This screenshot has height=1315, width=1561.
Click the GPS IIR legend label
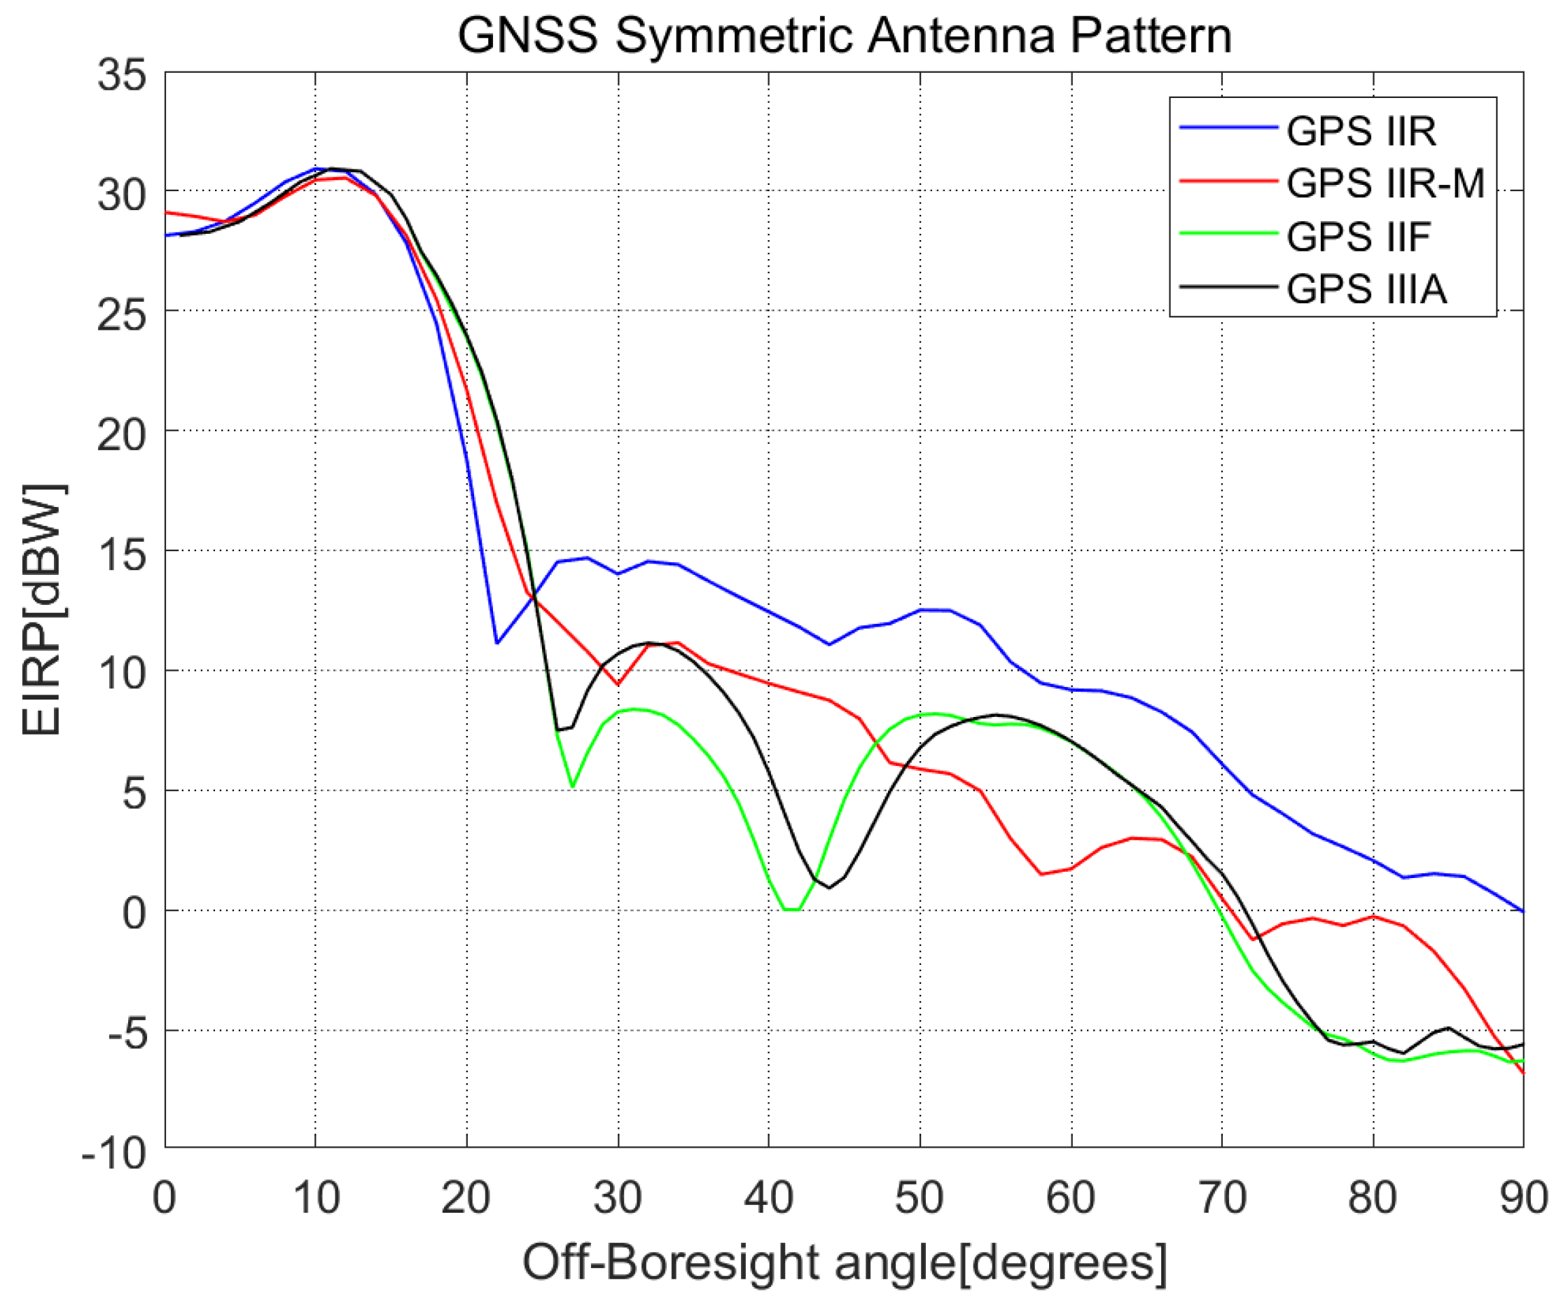click(x=1361, y=131)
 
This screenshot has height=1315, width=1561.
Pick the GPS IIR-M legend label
click(x=1385, y=183)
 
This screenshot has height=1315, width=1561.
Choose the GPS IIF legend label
click(x=1357, y=236)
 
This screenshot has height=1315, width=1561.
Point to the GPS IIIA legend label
click(x=1366, y=289)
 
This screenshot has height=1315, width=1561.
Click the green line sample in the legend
click(x=1228, y=233)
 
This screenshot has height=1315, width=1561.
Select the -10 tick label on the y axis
click(x=114, y=1154)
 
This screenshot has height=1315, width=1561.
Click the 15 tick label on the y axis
click(x=122, y=555)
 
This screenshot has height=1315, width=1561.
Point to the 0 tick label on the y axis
click(x=134, y=913)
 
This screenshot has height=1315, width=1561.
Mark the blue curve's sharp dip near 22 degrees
click(x=497, y=643)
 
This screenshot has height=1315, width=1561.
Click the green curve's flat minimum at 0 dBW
click(x=791, y=910)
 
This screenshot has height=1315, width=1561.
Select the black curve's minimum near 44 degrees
click(x=829, y=888)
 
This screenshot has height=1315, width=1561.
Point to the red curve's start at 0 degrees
click(x=166, y=212)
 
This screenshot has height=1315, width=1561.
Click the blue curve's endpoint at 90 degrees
click(x=1522, y=911)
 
